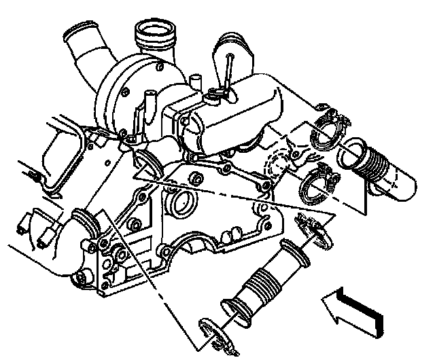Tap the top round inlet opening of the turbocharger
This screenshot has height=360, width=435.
(155, 34)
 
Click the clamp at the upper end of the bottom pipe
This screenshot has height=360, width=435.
(313, 228)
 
